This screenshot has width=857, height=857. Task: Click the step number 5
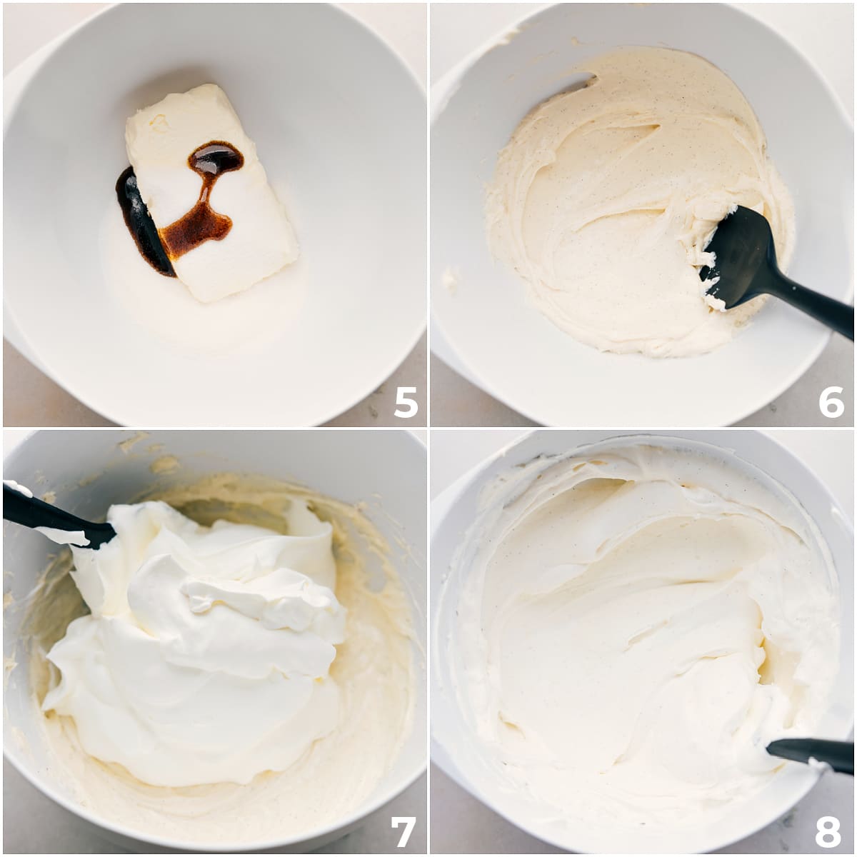(406, 401)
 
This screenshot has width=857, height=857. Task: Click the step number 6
(832, 401)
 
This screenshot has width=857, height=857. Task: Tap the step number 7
(403, 832)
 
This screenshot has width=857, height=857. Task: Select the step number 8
(828, 832)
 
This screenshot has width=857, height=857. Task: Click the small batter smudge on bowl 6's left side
(450, 278)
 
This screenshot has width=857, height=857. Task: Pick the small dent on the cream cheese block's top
(159, 123)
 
